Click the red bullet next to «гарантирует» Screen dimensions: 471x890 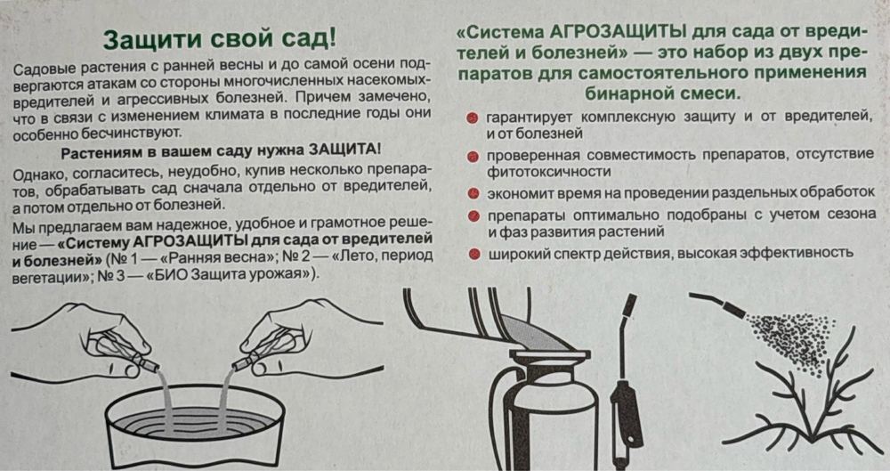click(x=472, y=118)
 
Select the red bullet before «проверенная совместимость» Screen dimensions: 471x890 click(x=472, y=156)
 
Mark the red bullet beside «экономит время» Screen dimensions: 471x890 click(x=472, y=194)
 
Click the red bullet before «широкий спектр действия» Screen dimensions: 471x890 click(x=472, y=253)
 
